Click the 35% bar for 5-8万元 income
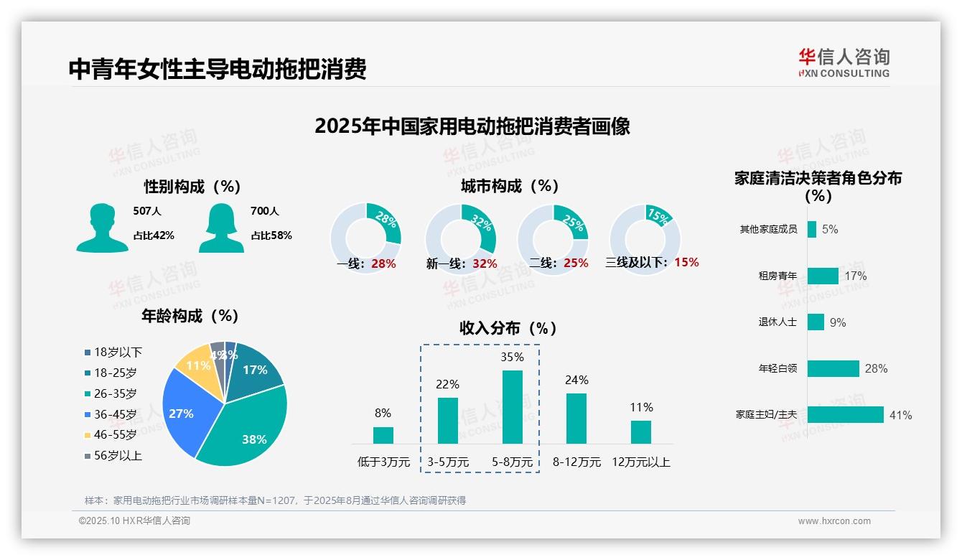[x=512, y=407]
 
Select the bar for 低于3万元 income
[x=383, y=435]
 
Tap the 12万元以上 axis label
[x=640, y=462]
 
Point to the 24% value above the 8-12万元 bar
[x=576, y=380]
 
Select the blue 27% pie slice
[x=182, y=412]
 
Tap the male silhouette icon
[x=102, y=228]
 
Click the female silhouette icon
[x=221, y=228]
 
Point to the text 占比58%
[x=271, y=235]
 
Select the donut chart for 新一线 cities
[x=460, y=239]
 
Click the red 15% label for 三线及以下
[x=686, y=262]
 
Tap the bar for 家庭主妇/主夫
[x=845, y=415]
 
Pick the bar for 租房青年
[x=823, y=276]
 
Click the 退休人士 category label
[x=777, y=322]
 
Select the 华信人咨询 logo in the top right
[x=844, y=62]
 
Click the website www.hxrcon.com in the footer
[x=833, y=521]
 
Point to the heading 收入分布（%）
[x=508, y=328]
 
